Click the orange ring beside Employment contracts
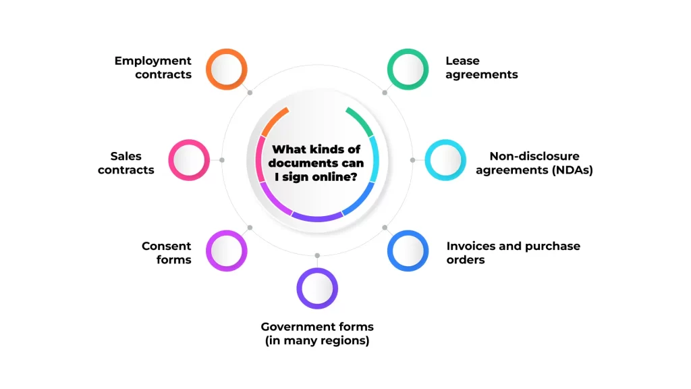[x=226, y=69]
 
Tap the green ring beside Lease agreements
[x=408, y=69]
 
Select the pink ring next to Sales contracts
[x=188, y=160]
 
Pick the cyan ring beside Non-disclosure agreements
[x=445, y=160]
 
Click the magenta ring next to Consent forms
[x=226, y=251]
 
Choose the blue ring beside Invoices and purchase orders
[x=408, y=251]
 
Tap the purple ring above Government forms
[x=317, y=288]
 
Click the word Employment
[x=153, y=61]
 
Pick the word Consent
[x=166, y=246]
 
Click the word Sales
[x=126, y=156]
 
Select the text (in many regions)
[x=317, y=341]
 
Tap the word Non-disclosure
[x=534, y=156]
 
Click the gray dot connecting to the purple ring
[x=317, y=256]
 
